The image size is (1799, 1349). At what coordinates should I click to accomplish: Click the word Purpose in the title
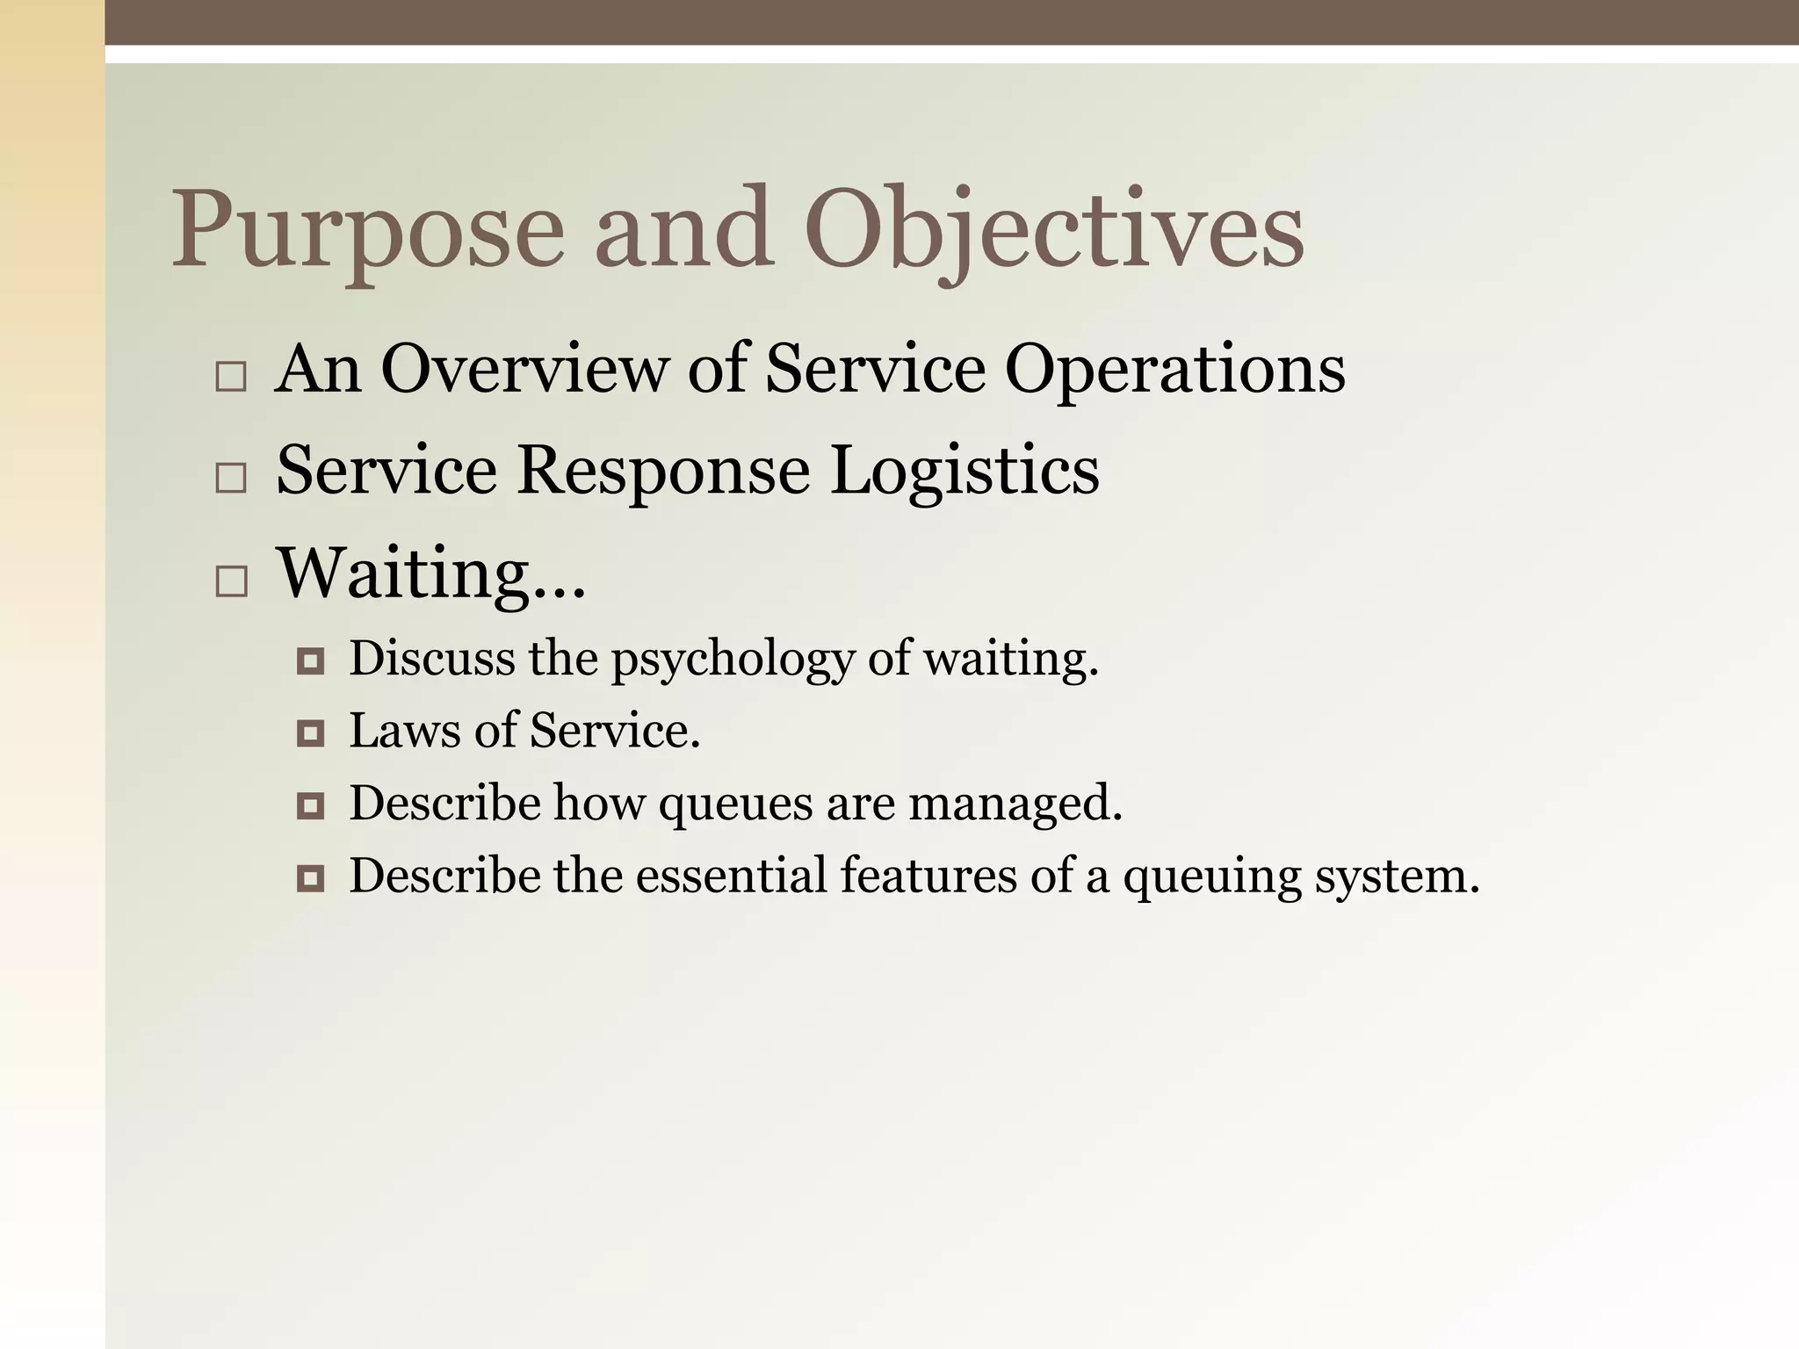367,230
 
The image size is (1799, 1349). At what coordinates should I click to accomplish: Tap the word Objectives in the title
1053,230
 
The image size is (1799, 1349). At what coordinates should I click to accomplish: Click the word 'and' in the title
684,230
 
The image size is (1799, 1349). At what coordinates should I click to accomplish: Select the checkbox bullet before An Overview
231,377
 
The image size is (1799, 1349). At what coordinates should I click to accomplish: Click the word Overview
524,369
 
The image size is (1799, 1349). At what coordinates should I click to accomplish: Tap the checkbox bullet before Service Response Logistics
231,479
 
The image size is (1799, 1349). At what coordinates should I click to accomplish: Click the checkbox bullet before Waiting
231,581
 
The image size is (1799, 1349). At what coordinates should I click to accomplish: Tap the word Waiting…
430,574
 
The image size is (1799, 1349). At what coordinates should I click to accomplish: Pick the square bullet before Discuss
311,660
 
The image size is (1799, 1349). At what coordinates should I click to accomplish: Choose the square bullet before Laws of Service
311,732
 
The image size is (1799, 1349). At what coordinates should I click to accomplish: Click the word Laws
404,731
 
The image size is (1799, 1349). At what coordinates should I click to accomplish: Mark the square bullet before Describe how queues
311,805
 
